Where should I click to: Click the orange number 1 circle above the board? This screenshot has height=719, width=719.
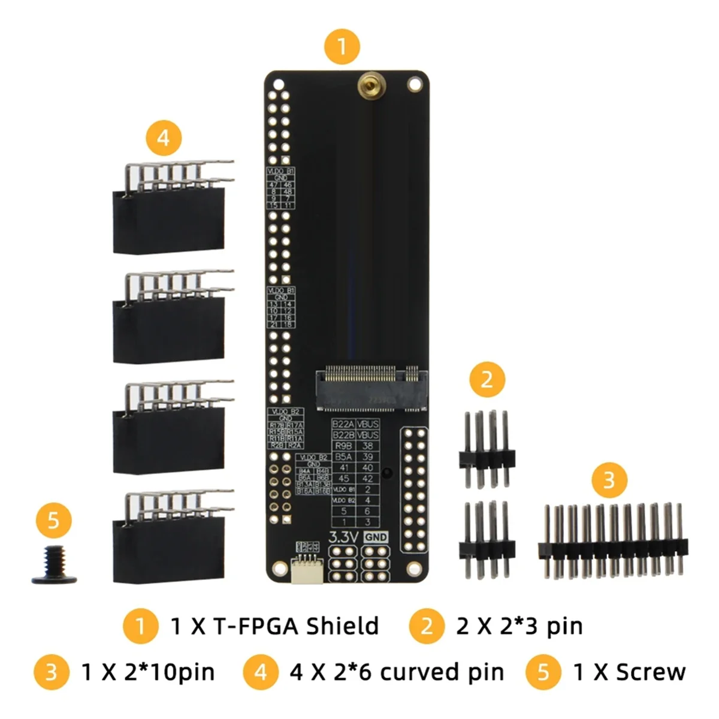pos(342,46)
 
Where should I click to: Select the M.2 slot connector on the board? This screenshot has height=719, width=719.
pos(371,388)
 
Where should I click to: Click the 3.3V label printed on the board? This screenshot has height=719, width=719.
pos(343,537)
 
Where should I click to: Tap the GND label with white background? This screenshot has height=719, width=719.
pos(376,537)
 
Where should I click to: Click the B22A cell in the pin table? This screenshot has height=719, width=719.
pos(344,424)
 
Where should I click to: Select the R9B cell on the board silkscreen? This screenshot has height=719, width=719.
pos(344,446)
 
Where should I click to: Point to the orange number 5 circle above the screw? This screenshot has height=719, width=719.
pos(53,519)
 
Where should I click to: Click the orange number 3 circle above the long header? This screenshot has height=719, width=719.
pos(609,480)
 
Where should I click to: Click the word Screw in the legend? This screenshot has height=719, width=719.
pos(650,672)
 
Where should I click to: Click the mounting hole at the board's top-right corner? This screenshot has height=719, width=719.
pos(414,84)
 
